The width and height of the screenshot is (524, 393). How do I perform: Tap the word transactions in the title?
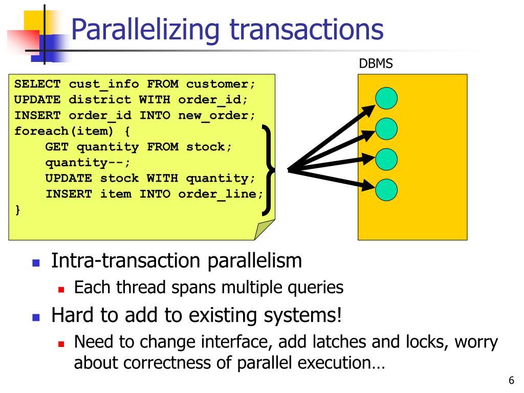(306, 30)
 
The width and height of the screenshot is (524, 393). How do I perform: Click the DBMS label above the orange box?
(376, 64)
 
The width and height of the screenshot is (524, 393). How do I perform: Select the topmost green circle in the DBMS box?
(386, 98)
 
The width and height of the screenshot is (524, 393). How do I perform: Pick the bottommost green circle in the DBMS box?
(386, 190)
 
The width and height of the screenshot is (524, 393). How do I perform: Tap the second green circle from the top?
(386, 129)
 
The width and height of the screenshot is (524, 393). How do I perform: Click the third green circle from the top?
(386, 159)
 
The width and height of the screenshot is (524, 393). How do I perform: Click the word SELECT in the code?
(37, 84)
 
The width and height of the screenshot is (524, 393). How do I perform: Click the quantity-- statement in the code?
(88, 163)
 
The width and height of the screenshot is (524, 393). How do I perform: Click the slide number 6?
(511, 381)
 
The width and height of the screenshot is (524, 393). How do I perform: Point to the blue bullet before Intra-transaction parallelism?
(36, 263)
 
